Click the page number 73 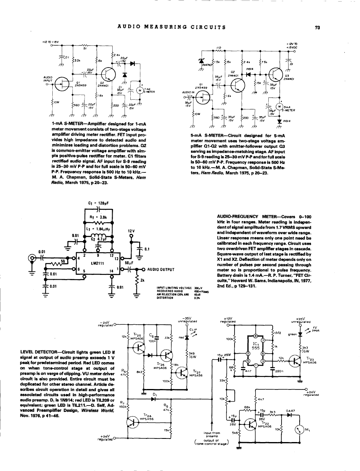coord(317,27)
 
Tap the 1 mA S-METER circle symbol coord(139,90)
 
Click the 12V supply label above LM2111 coord(130,231)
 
